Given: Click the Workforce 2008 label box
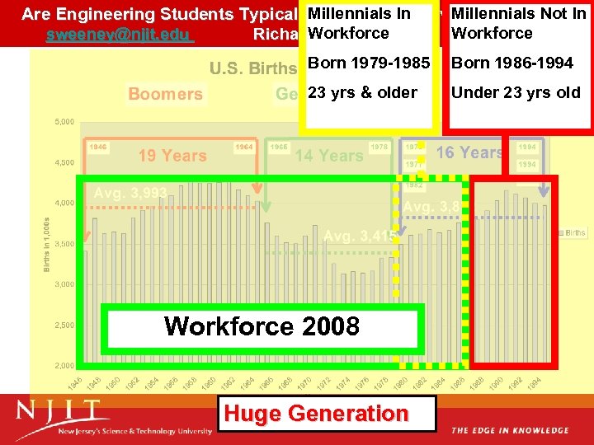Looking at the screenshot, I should click(262, 326).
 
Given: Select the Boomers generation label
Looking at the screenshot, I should click(165, 94).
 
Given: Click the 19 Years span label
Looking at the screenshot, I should click(172, 155).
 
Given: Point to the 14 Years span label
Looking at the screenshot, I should click(329, 155).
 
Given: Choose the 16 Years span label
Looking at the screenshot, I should click(469, 152).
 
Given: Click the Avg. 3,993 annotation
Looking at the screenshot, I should click(130, 193).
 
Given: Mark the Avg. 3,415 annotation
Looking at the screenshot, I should click(360, 237).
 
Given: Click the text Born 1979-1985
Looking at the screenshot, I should click(369, 63).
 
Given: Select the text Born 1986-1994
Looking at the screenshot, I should click(512, 63).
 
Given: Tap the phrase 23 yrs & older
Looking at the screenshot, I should click(362, 92).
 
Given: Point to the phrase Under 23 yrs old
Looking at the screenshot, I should click(516, 92).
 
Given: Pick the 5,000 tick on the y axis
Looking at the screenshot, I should click(64, 122).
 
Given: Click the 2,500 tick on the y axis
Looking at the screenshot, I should click(64, 326).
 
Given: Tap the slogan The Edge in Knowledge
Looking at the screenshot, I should click(510, 431).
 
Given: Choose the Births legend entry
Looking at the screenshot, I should click(575, 233).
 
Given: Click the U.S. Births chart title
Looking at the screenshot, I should click(252, 68).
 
